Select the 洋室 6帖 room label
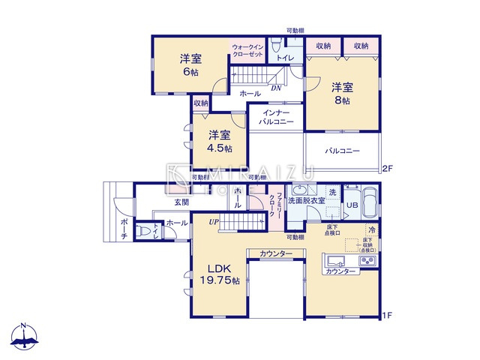[190, 64]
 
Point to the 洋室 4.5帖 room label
[219, 141]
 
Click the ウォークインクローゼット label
[247, 50]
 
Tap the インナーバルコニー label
[275, 116]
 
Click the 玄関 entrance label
[181, 202]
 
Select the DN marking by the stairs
[276, 87]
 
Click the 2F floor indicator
[387, 169]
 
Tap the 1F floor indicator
[387, 315]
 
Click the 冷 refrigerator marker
[371, 229]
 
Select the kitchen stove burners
[367, 262]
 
